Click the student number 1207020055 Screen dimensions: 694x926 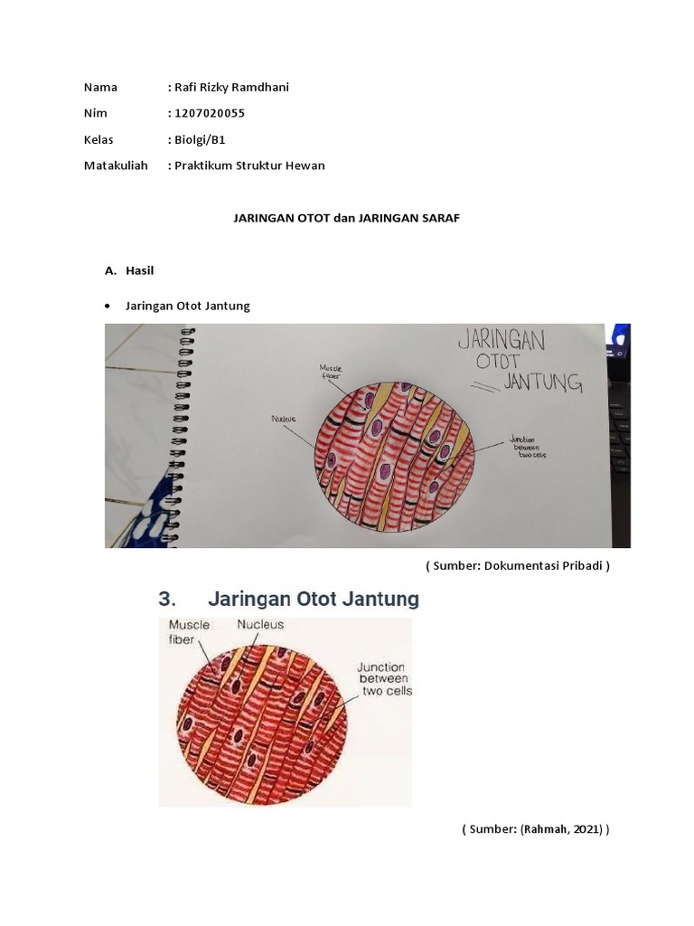(x=210, y=113)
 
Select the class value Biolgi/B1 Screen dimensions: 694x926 (x=200, y=140)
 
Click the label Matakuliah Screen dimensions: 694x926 (x=116, y=165)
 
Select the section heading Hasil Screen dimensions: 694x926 (x=140, y=270)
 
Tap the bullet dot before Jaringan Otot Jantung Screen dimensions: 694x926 (x=107, y=306)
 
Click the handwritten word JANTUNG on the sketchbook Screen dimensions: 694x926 (x=543, y=382)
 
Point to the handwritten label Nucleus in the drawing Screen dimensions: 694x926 (x=283, y=419)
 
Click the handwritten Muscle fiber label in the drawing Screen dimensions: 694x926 (x=331, y=372)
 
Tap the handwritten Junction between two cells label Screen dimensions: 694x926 (x=527, y=447)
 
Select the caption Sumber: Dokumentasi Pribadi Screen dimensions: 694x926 (x=518, y=566)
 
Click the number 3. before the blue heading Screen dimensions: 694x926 (x=167, y=599)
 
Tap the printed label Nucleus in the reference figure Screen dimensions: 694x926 (x=260, y=624)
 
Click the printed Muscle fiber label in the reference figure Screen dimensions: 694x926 (x=189, y=632)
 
